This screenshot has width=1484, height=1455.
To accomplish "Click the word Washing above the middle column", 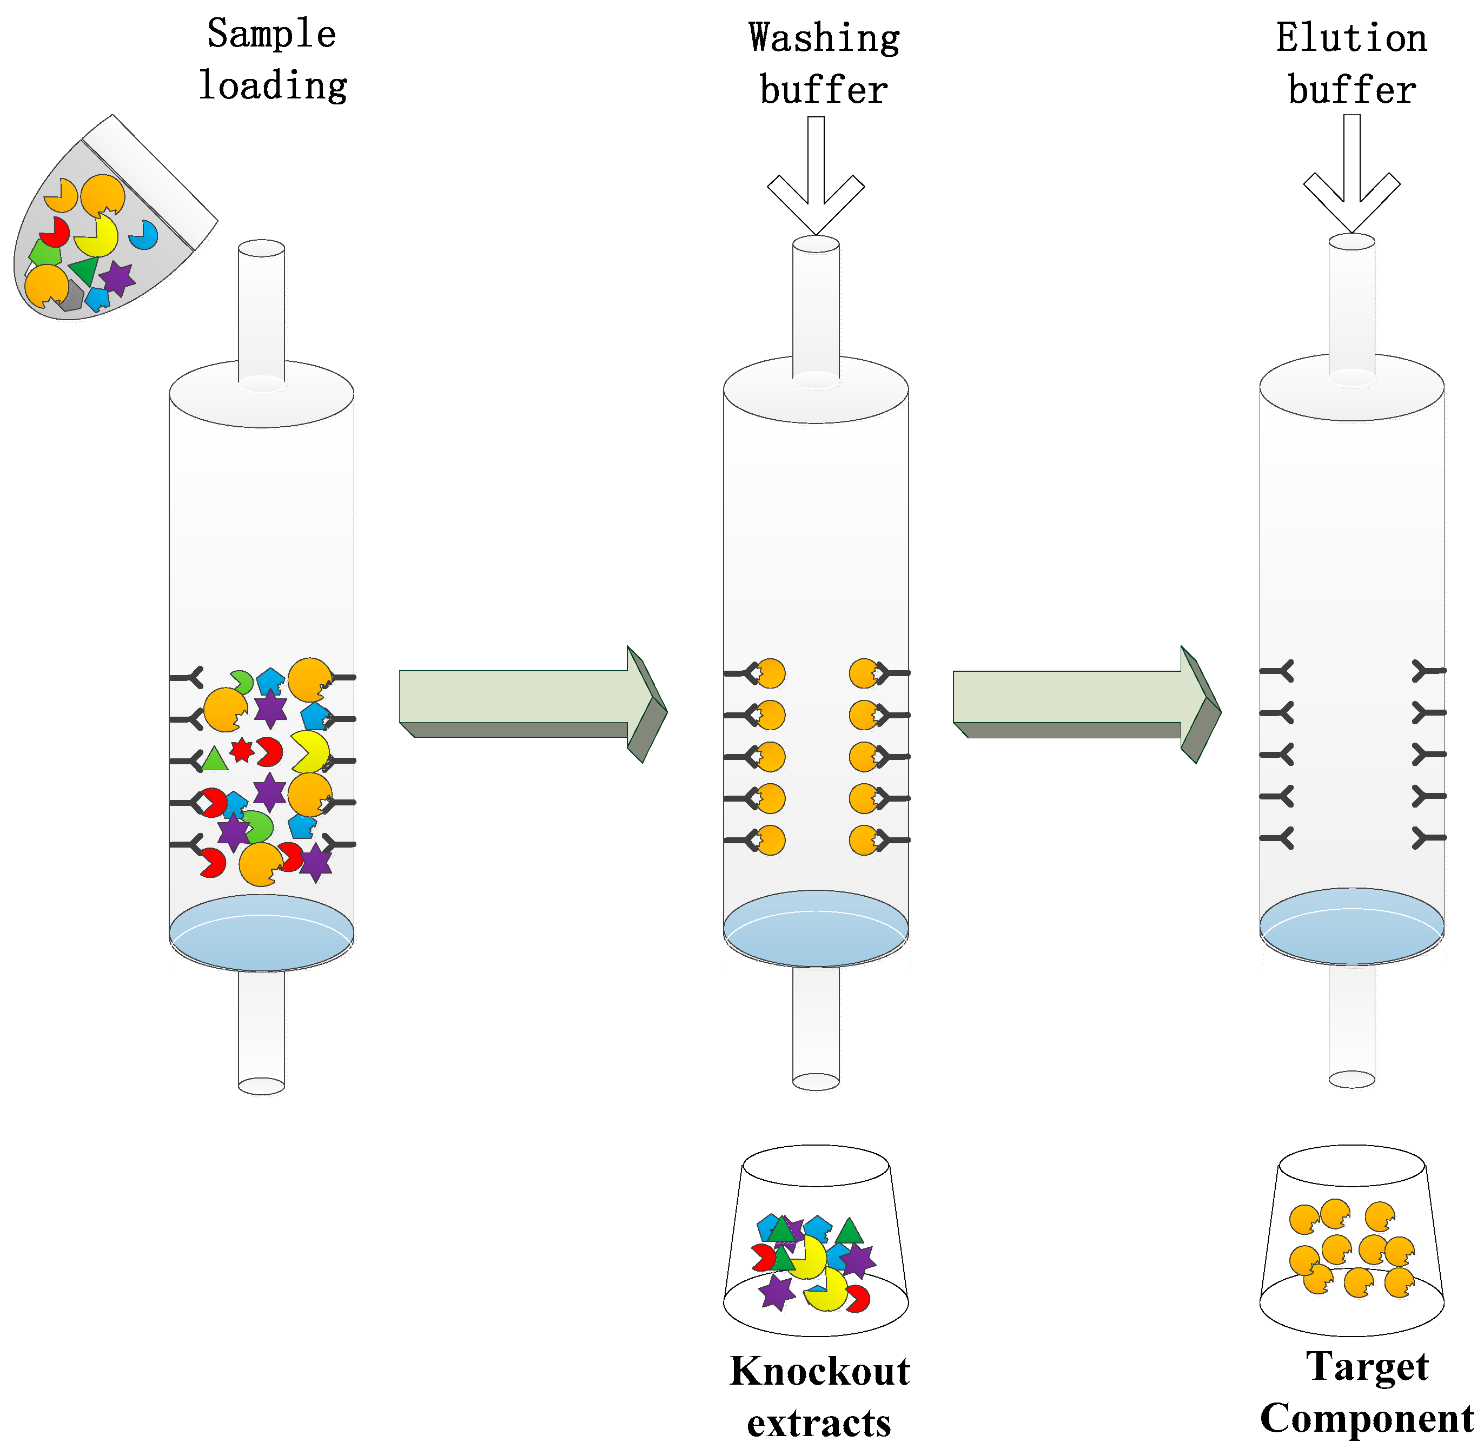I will [x=824, y=38].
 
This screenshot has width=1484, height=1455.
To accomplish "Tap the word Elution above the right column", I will [x=1351, y=38].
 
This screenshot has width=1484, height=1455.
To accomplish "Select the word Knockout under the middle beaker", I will [x=819, y=1371].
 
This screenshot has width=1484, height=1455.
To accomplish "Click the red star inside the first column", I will [x=242, y=750].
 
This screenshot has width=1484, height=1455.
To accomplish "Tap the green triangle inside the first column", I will [x=215, y=759].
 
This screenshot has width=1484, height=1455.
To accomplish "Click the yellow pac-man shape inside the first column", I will [x=309, y=752].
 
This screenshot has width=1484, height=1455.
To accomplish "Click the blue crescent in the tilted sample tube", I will [x=144, y=235].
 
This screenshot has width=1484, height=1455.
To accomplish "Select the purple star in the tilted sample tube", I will [x=117, y=278].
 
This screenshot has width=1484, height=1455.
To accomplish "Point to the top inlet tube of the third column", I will [x=1351, y=306].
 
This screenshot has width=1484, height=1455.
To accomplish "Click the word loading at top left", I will [x=273, y=85].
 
